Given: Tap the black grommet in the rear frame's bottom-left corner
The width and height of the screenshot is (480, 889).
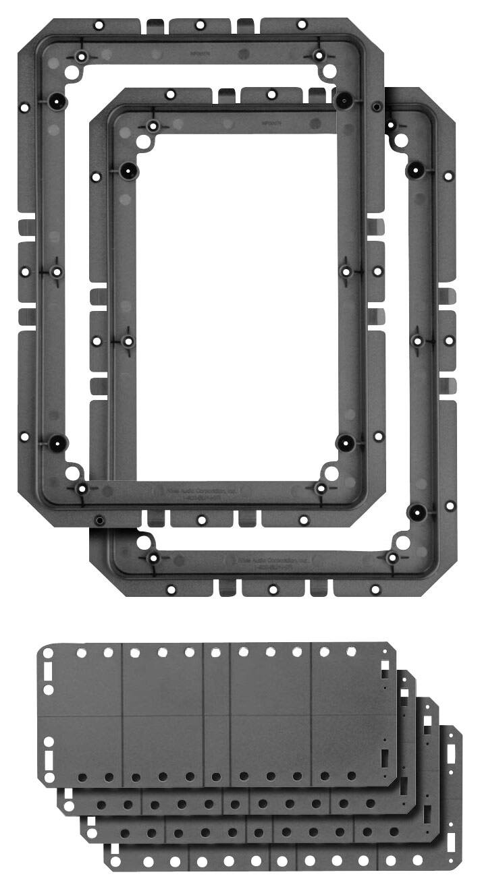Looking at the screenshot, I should pos(57,443).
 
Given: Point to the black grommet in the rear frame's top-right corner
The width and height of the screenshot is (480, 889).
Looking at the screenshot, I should pos(344,100).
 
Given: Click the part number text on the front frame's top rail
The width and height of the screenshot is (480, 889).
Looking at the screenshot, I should pos(271,123).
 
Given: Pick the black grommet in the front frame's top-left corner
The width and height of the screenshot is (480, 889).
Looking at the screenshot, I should pos(128,171).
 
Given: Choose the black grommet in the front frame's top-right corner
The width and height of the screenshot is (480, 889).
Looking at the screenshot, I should pos(415,170).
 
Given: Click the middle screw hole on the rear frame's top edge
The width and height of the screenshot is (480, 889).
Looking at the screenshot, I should pos(201,25).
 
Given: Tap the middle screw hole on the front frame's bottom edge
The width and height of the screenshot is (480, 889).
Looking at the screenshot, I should pos(273,590).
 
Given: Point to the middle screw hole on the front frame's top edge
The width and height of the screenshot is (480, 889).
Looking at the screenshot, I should pos(271,94).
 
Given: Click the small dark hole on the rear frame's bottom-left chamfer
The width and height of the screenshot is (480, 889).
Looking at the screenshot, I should pos(99,519).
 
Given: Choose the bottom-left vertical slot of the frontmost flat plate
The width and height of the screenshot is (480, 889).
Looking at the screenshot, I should pos(48,758).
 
